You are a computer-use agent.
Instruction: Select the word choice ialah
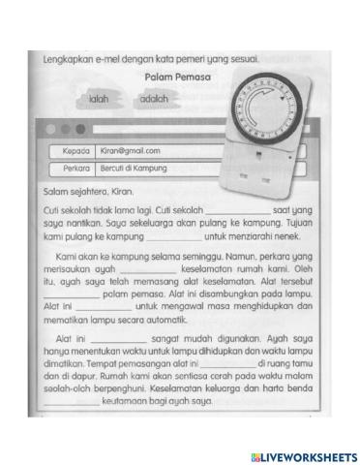pyautogui.click(x=98, y=99)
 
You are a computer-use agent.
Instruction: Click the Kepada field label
pyautogui.click(x=70, y=151)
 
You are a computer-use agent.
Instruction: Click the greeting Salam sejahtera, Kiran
pyautogui.click(x=89, y=190)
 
